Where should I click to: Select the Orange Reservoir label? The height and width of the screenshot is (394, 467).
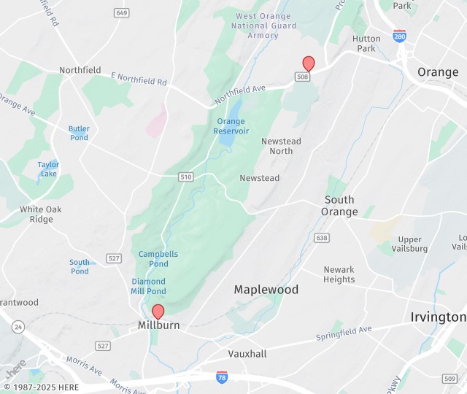tap(231, 126)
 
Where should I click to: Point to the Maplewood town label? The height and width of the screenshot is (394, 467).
tap(266, 290)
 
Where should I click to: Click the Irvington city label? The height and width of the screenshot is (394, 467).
tap(438, 317)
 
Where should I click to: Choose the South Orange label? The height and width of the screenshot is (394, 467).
tap(339, 206)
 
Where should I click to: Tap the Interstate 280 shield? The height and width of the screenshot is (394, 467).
tap(399, 35)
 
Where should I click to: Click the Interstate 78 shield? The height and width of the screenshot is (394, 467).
tap(222, 376)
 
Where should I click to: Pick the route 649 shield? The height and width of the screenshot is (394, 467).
tap(122, 13)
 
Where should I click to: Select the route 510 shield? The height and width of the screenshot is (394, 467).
tap(186, 177)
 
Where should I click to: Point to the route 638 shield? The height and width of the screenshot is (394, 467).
tap(322, 238)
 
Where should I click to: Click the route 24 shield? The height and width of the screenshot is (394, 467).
tap(17, 325)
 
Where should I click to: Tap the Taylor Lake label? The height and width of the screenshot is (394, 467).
tap(48, 169)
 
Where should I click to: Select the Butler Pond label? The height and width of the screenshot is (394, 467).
tap(79, 134)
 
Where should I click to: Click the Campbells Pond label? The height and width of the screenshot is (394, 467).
tap(158, 259)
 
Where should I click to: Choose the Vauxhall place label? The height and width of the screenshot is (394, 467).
tap(247, 354)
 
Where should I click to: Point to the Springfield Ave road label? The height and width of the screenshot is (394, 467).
tap(344, 333)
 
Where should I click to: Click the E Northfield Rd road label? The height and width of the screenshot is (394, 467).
tap(139, 77)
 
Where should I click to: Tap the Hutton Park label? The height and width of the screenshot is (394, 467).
tap(366, 44)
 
